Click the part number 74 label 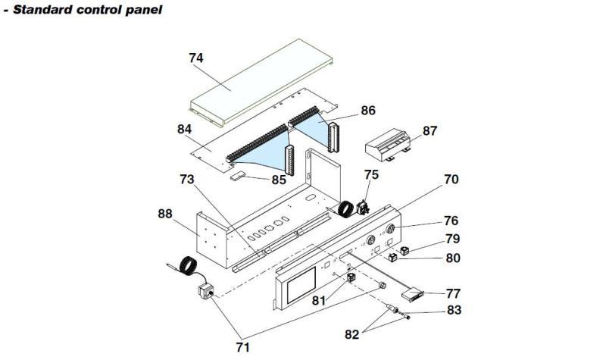pyautogui.click(x=197, y=58)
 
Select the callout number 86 pyautogui.click(x=368, y=111)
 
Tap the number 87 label pyautogui.click(x=430, y=131)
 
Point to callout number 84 pyautogui.click(x=185, y=129)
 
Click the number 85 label pyautogui.click(x=279, y=180)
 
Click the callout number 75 pyautogui.click(x=371, y=175)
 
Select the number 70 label pyautogui.click(x=451, y=180)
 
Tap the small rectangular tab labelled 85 pyautogui.click(x=240, y=175)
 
